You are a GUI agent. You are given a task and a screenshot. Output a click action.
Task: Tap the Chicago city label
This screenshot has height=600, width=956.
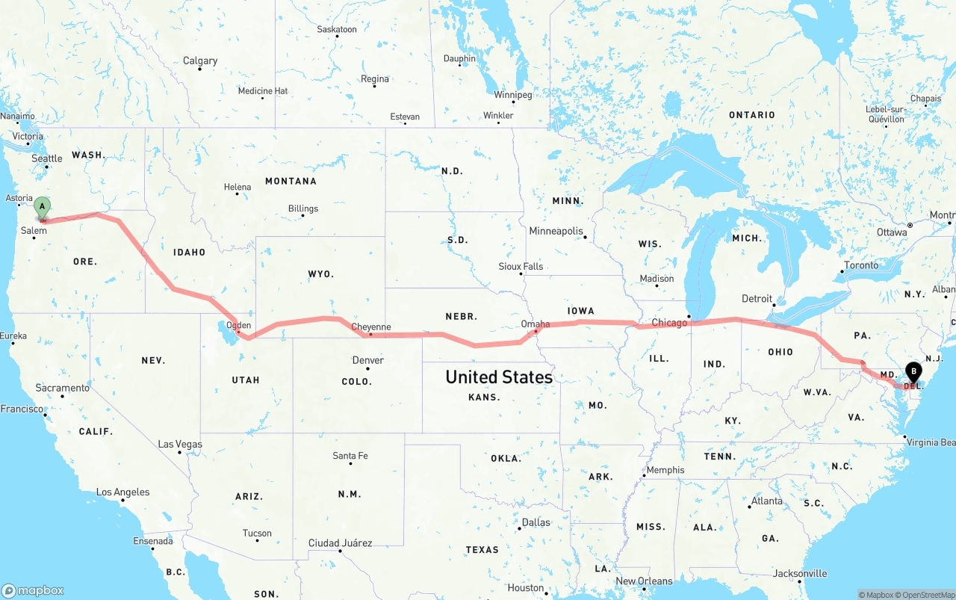[x=669, y=323]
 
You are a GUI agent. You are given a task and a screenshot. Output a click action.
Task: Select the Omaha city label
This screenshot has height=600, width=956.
[x=536, y=324]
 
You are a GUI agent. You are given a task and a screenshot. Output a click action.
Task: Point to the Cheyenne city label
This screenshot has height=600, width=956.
[x=370, y=327]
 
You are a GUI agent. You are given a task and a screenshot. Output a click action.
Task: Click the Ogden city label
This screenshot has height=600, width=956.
[x=238, y=326]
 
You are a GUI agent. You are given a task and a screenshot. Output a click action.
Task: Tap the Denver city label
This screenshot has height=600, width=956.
[x=368, y=360]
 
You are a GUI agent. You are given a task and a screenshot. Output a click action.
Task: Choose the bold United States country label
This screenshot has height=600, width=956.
[x=499, y=377]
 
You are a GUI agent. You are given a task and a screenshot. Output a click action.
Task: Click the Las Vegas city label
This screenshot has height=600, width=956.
[x=180, y=445]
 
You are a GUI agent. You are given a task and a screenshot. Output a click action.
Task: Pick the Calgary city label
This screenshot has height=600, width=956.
[x=200, y=61]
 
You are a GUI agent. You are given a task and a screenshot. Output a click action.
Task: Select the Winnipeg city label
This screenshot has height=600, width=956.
[x=513, y=96]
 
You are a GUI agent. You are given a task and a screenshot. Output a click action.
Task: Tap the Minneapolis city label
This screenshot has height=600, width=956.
[x=556, y=232]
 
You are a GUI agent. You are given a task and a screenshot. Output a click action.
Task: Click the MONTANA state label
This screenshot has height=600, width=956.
[x=291, y=182]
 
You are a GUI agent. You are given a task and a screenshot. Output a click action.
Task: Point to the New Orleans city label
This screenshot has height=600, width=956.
[x=644, y=581]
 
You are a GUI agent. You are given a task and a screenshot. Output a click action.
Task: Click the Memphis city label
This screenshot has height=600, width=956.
[x=665, y=470]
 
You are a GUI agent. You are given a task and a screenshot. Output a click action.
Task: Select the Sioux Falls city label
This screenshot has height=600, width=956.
[x=521, y=267]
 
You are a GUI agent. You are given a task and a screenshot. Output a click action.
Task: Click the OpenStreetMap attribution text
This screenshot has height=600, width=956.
[x=925, y=595]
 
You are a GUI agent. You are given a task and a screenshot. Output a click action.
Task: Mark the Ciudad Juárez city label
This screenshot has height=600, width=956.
[x=340, y=543]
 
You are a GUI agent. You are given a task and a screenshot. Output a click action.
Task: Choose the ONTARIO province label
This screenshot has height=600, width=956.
[x=752, y=115]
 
